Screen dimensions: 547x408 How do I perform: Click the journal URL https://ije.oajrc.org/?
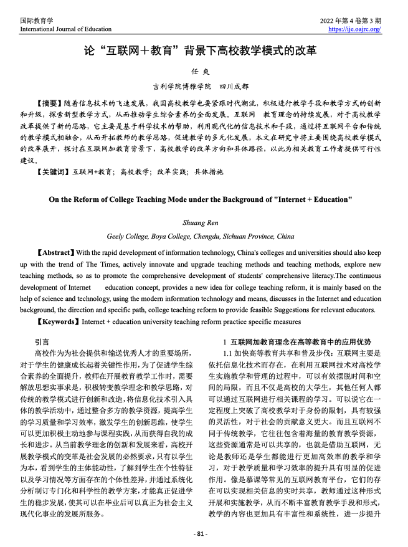pyautogui.click(x=354, y=29)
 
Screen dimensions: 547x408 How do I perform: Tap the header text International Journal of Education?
pyautogui.click(x=65, y=29)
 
